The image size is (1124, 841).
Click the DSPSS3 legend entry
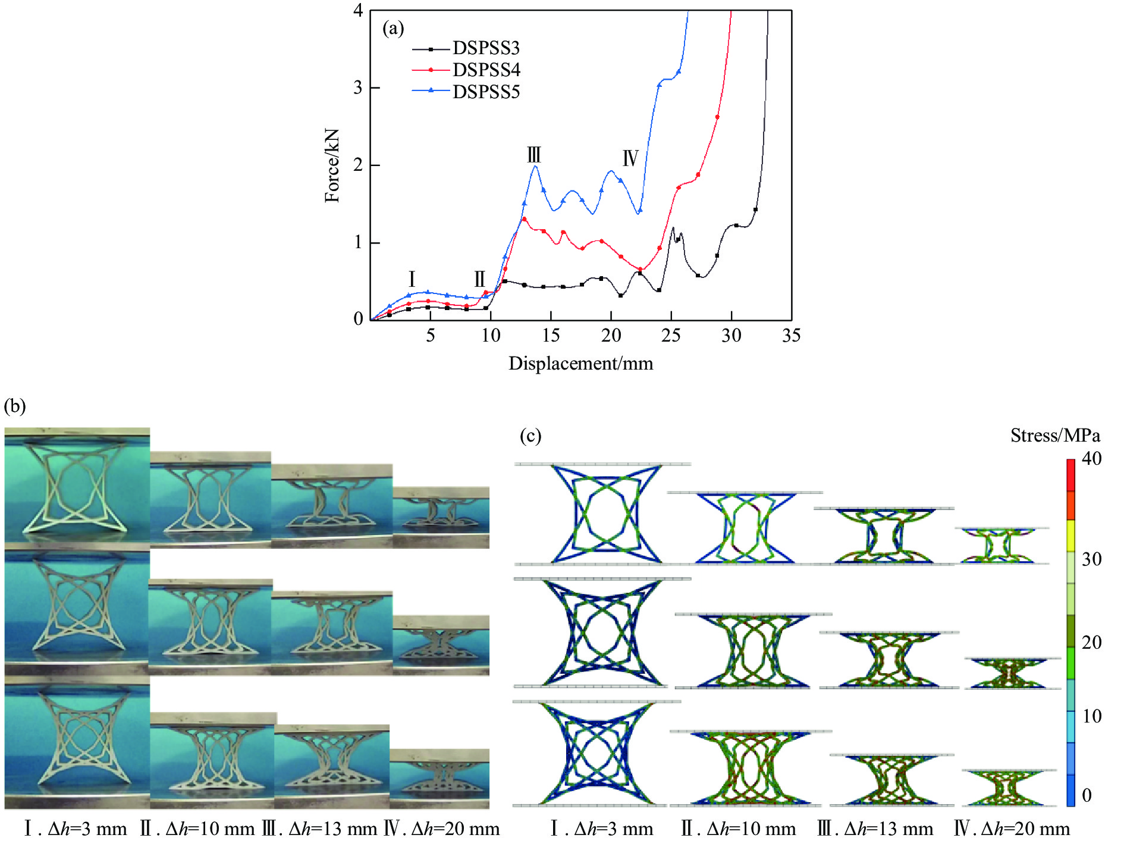click(486, 48)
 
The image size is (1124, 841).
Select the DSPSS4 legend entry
click(486, 70)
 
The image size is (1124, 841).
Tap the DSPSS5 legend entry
click(486, 92)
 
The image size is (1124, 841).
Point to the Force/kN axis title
click(332, 165)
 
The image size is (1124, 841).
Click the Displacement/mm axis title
click(580, 363)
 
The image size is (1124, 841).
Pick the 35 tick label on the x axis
click(791, 336)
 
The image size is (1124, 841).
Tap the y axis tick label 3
click(357, 88)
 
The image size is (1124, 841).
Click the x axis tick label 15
click(551, 336)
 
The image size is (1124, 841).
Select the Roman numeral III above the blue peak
click(534, 155)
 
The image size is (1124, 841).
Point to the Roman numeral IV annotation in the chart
click(630, 158)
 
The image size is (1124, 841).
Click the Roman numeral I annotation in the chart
click(412, 279)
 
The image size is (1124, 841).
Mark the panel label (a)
click(393, 28)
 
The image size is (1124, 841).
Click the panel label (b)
click(15, 406)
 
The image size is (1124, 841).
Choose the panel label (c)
click(530, 436)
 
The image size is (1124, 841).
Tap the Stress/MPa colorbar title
click(1055, 436)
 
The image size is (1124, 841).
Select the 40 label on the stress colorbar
click(1091, 458)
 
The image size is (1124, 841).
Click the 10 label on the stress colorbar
click(1091, 716)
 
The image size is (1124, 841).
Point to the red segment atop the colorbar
click(1070, 475)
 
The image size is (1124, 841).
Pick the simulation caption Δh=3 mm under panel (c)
click(601, 829)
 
